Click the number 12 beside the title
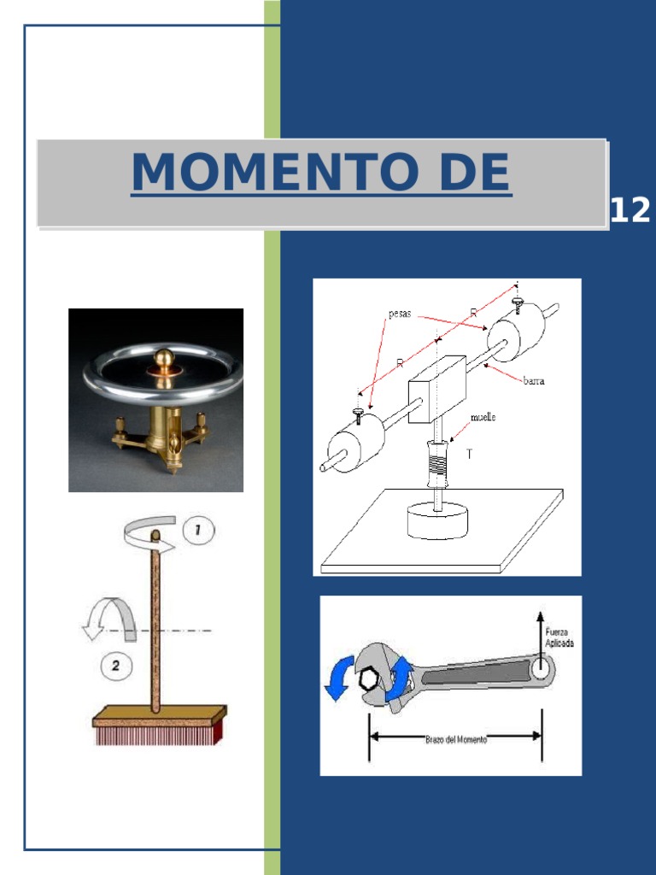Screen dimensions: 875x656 click(630, 210)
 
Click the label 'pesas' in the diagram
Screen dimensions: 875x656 click(400, 314)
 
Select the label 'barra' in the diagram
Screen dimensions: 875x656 click(536, 382)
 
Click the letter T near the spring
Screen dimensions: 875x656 click(468, 455)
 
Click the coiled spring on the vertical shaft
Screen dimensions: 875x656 click(438, 467)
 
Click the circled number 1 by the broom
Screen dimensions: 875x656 click(197, 530)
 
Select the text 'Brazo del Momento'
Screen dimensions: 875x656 click(456, 739)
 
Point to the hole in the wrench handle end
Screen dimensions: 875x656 click(541, 669)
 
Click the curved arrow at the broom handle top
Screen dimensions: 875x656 click(149, 536)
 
